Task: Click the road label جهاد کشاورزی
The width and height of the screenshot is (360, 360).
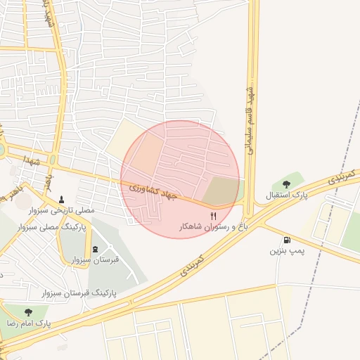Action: (152, 191)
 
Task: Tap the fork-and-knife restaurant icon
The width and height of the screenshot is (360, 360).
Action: (214, 217)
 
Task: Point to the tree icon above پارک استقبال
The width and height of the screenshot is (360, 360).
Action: (285, 184)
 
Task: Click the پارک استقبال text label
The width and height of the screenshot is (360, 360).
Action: (286, 195)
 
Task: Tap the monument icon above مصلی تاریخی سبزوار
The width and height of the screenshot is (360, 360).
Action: (63, 199)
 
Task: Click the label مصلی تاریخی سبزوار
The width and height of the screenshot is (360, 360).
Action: (62, 210)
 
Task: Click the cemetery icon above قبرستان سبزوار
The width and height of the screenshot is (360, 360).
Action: (96, 249)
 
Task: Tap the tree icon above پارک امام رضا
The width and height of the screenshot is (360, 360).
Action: (28, 312)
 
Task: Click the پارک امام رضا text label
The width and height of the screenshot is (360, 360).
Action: (28, 323)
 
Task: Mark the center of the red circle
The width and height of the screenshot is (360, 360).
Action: (180, 179)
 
